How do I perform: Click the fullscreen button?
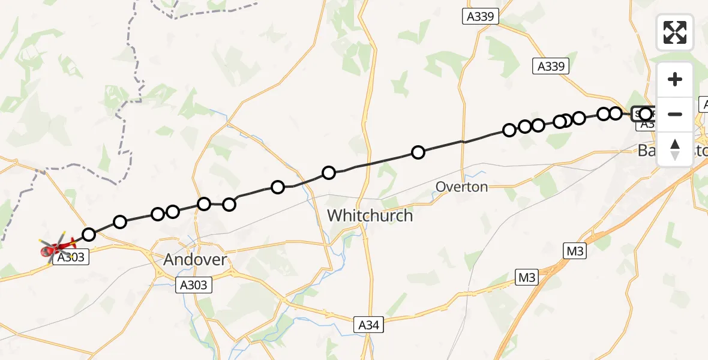pos(675,32)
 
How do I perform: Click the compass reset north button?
pos(675,149)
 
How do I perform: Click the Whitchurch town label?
pos(370,216)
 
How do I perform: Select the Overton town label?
pos(461,187)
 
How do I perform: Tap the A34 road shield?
pos(368,325)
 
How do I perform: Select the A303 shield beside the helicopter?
pos(70,257)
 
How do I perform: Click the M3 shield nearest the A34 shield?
pos(527,277)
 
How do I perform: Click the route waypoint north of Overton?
pos(418,152)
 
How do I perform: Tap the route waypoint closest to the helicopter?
pos(89,234)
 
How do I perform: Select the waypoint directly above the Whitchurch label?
pos(329,173)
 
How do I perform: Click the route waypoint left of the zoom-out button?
pos(646,113)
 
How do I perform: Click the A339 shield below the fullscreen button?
pos(551,67)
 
